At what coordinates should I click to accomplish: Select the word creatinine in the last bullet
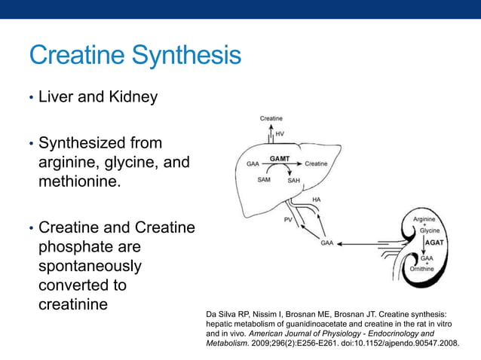click(x=72, y=305)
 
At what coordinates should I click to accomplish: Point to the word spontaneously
click(x=89, y=266)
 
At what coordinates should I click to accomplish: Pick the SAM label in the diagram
click(x=264, y=180)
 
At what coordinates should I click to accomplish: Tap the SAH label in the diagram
click(x=294, y=181)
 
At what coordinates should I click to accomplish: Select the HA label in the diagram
click(x=317, y=199)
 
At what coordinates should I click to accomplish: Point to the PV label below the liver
click(x=288, y=220)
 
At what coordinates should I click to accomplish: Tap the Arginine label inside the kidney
click(x=424, y=219)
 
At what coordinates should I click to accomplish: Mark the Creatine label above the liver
click(x=271, y=118)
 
